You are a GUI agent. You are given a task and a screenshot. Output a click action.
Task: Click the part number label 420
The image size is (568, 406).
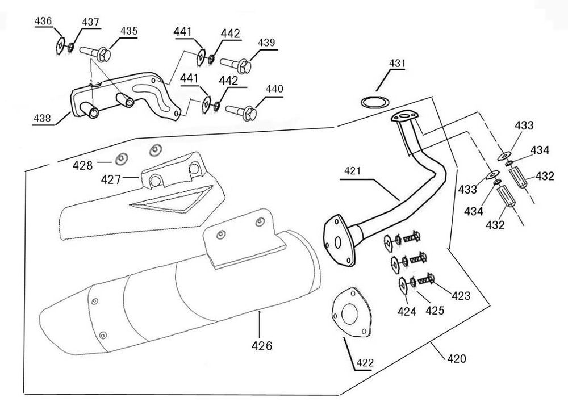[456, 358]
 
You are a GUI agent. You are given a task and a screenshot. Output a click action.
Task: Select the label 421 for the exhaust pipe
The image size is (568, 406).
[352, 171]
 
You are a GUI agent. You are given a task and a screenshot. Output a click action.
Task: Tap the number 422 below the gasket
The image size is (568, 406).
[366, 362]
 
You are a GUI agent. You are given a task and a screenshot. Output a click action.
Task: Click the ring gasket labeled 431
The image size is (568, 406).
[373, 103]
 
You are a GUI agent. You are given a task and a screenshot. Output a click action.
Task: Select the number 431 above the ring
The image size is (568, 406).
[398, 64]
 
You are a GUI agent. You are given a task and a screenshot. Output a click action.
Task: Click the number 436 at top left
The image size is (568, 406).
[44, 21]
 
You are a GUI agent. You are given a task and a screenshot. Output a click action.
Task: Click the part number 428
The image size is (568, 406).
[82, 165]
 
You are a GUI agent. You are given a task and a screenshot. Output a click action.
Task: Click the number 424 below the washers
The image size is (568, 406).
[407, 311]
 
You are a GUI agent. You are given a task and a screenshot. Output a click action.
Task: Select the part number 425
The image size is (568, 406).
[435, 311]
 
